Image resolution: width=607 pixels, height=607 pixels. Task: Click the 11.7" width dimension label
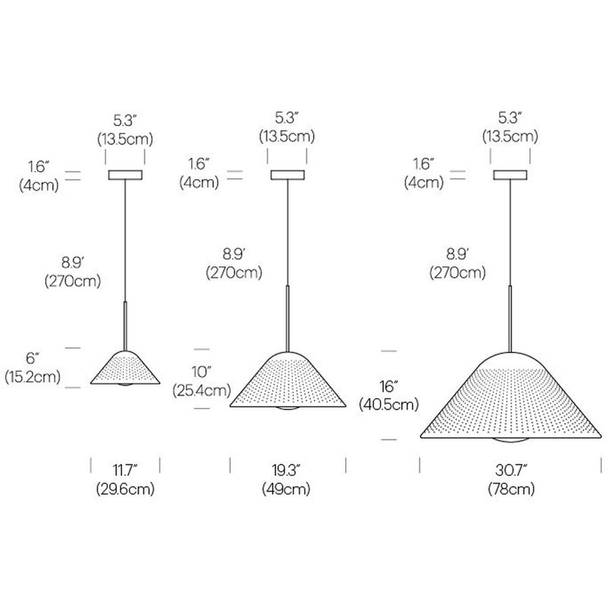point(125,470)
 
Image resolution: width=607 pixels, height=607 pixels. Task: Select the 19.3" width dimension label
point(286,470)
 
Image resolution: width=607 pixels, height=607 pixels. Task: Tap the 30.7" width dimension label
point(511,470)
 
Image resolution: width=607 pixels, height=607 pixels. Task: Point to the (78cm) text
point(511,489)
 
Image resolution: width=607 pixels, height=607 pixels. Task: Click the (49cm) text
point(286,489)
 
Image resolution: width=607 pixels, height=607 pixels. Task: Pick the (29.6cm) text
point(125,489)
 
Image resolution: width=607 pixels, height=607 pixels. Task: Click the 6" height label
point(33,358)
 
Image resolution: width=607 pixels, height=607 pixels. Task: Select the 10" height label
point(201,372)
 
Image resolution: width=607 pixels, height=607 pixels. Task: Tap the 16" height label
point(388,386)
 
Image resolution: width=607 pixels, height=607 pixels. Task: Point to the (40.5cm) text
point(388,404)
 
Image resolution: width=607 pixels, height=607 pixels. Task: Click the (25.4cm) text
point(201,390)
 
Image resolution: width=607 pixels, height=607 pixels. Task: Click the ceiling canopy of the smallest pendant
point(125,175)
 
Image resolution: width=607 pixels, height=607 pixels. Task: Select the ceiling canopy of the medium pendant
point(288,175)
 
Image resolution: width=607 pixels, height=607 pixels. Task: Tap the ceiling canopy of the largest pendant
point(510,175)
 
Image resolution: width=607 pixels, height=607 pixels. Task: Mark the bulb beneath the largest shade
point(510,441)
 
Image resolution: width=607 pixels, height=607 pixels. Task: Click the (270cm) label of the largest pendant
point(458,272)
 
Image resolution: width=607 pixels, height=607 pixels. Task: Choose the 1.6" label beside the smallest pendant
point(39,167)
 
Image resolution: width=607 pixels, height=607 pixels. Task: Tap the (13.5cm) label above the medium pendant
point(287,137)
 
